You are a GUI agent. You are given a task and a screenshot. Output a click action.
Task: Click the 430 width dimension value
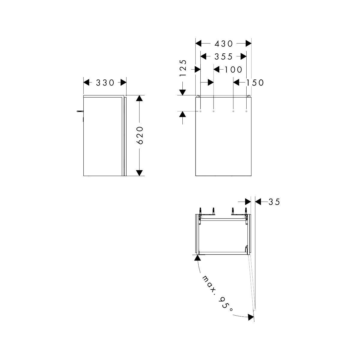pos(223,44)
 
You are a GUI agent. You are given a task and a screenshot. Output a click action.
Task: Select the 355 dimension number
pos(223,57)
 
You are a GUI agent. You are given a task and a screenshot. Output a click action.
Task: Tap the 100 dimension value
pos(233,70)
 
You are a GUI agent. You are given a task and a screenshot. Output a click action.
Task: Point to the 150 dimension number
pos(255,82)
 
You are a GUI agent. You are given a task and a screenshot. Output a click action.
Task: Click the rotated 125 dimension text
pos(183,68)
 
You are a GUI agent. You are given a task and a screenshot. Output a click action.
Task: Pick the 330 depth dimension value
pos(105,82)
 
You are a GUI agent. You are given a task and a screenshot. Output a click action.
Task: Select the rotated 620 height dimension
pos(140,135)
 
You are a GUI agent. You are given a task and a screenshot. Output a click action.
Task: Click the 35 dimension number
pos(274,202)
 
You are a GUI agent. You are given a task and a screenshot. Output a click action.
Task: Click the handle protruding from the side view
pos(80,111)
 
